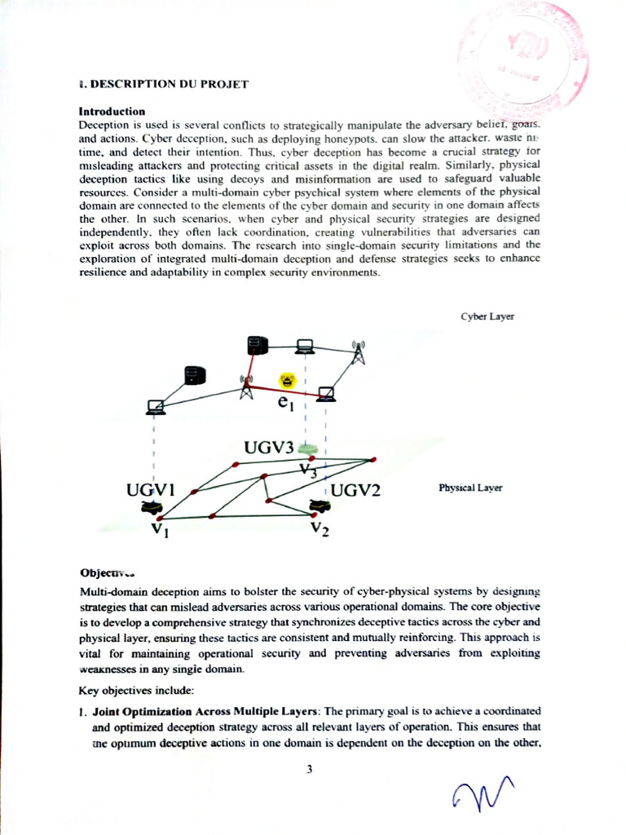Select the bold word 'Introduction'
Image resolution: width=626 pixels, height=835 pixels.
112,111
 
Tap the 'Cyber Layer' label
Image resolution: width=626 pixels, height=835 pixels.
487,316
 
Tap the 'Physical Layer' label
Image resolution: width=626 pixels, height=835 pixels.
470,488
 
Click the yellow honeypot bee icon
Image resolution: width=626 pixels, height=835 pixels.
286,381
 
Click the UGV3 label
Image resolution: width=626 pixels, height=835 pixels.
269,448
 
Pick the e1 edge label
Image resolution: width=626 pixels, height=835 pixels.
284,402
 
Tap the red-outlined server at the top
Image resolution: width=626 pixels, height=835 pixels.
258,346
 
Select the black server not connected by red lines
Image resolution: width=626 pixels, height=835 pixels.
194,375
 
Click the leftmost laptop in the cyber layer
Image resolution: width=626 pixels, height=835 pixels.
155,405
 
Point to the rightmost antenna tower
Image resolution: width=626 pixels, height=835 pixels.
357,351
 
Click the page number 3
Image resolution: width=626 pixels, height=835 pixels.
310,768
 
